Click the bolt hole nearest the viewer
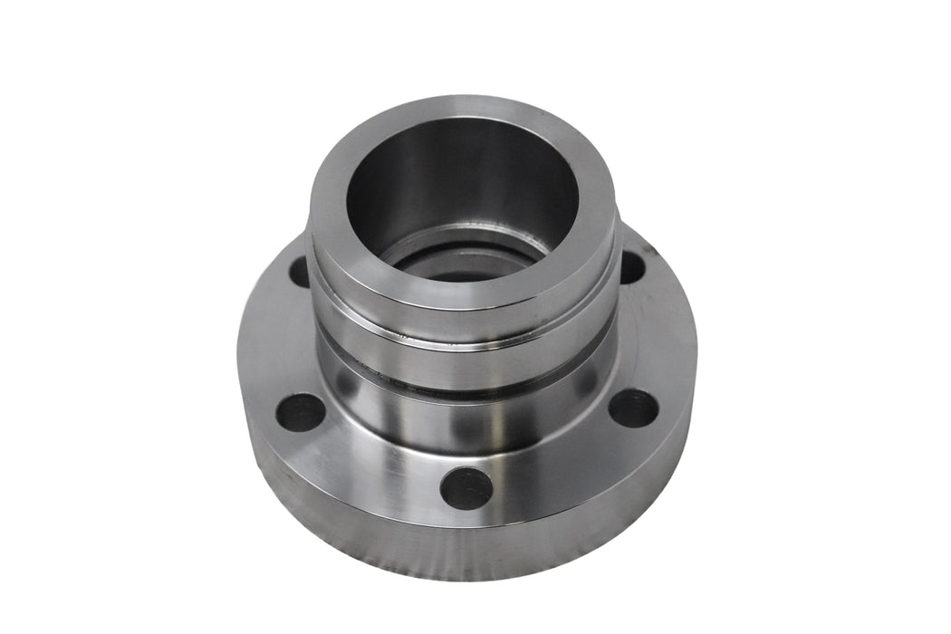(x=466, y=488)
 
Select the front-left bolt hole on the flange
(x=300, y=412)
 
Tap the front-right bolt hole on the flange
(x=632, y=408)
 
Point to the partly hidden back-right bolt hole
(x=631, y=266)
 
